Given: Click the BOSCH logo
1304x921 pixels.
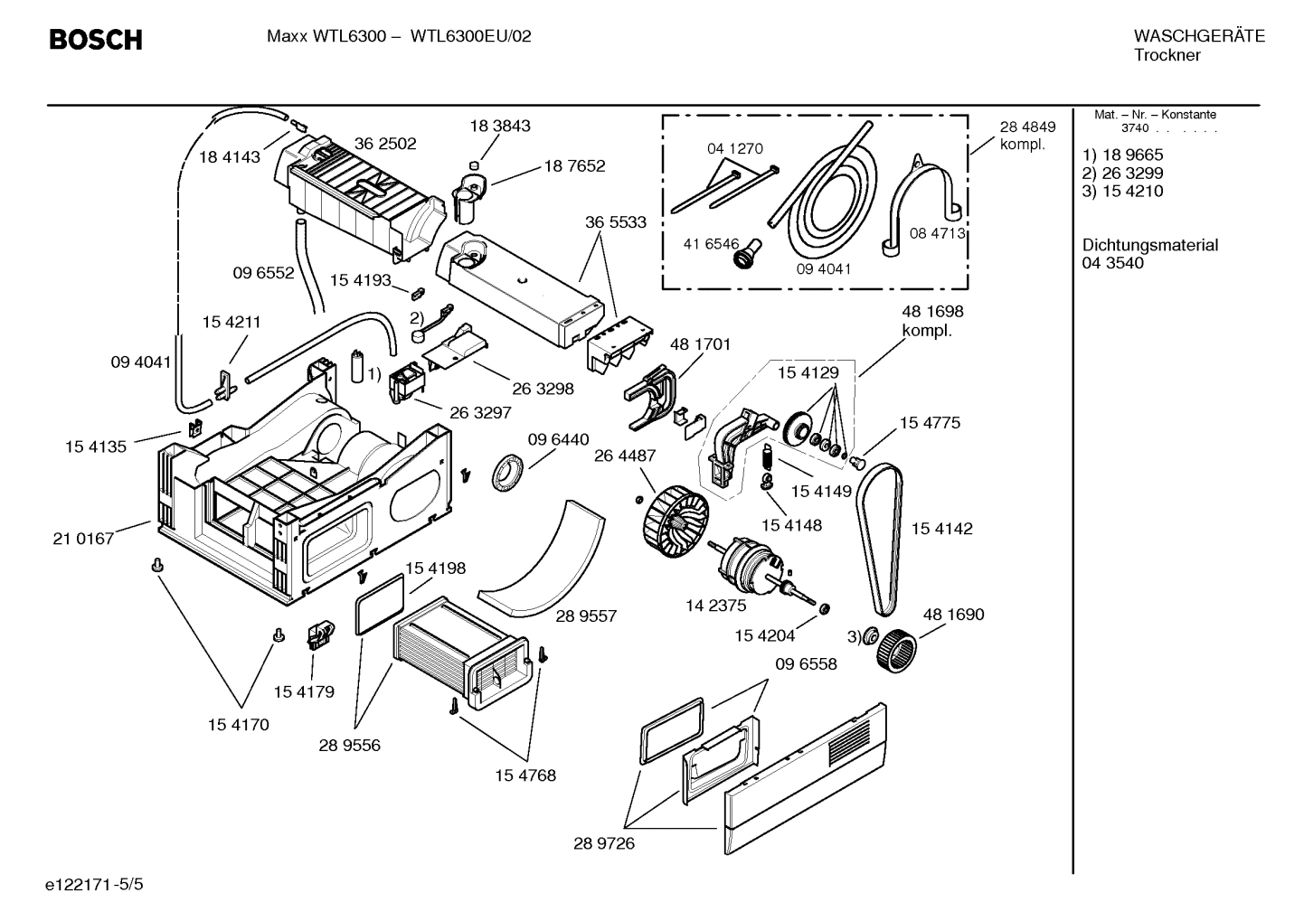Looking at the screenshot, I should (x=95, y=40).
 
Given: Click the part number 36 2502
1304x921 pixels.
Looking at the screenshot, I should (x=385, y=144).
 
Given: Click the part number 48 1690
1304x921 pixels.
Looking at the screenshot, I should (x=953, y=615).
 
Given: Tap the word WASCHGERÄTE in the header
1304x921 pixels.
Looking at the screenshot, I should (x=1199, y=36).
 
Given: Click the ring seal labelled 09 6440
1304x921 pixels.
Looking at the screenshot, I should (x=509, y=473).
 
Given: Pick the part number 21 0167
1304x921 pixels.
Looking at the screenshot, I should (x=84, y=539).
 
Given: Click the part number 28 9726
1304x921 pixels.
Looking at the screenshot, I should (x=604, y=843).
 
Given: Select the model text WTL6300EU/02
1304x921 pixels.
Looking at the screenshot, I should (x=471, y=36).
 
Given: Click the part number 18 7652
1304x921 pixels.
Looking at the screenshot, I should (x=574, y=166).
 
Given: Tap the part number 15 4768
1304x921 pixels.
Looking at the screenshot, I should (x=525, y=775).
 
